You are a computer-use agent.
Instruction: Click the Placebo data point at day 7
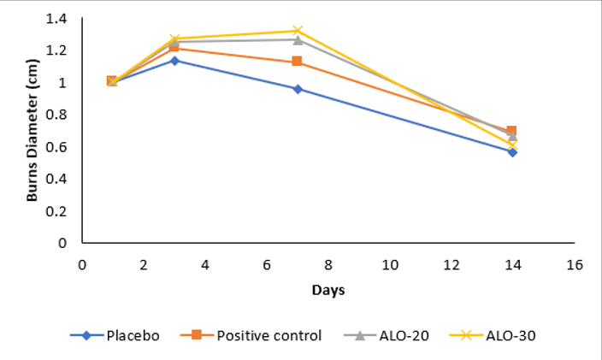tap(298, 89)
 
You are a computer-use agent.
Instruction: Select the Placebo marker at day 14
tap(512, 151)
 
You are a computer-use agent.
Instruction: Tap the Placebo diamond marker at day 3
tap(174, 61)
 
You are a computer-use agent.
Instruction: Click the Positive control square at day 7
tap(297, 62)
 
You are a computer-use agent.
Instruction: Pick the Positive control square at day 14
tap(511, 131)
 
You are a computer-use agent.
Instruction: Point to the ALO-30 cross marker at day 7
tap(298, 31)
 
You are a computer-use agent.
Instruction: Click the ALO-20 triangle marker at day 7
tap(298, 39)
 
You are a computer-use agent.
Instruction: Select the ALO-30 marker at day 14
tap(512, 145)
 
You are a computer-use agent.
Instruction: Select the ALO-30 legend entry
tap(505, 335)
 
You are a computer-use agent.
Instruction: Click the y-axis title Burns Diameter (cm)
tap(32, 131)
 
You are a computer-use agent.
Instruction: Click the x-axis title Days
tap(328, 291)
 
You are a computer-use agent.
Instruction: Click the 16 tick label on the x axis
tap(574, 264)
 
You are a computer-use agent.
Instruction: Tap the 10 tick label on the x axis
tap(389, 264)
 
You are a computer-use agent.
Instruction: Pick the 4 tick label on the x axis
tap(204, 264)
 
